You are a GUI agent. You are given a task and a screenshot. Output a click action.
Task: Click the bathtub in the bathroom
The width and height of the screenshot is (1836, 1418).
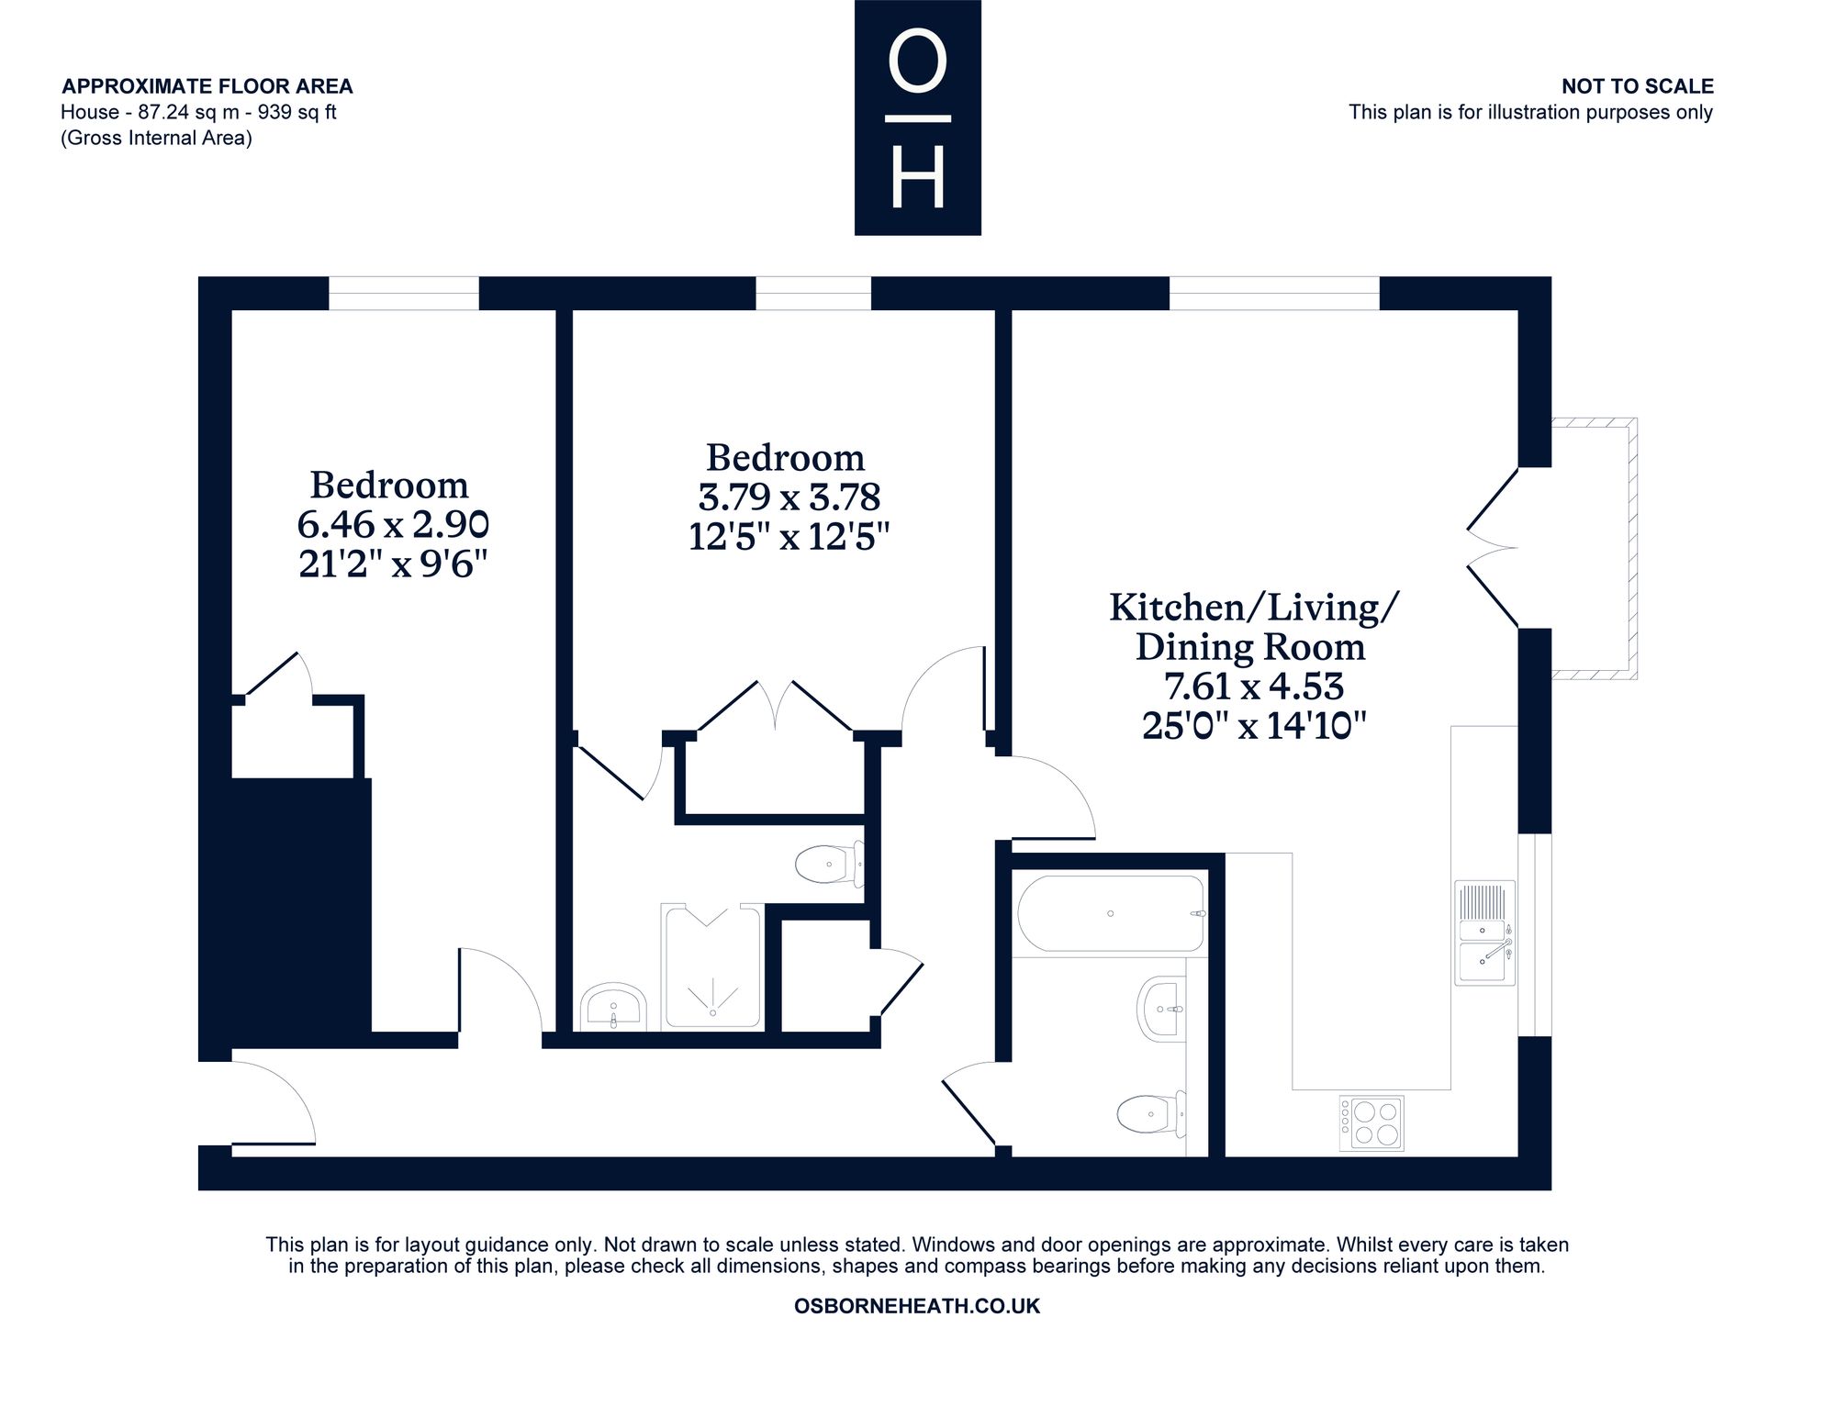1110,914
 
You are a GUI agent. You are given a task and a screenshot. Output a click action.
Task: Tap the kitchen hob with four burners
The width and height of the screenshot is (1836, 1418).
1371,1123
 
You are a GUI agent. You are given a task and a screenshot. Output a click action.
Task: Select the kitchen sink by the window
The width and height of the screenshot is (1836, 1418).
1484,932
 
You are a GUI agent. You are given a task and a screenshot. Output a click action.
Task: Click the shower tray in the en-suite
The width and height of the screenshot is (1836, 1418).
713,966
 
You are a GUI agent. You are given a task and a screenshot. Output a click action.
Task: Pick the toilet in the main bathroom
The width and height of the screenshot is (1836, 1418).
1151,1114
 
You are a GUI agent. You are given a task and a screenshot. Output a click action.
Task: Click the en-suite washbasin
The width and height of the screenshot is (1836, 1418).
613,1007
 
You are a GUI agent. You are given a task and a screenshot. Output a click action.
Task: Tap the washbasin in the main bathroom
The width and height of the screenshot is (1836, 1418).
1161,1009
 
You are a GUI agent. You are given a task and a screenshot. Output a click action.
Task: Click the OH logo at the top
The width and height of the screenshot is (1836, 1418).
918,117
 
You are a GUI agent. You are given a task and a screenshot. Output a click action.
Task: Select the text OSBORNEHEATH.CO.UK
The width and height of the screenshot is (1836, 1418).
917,1306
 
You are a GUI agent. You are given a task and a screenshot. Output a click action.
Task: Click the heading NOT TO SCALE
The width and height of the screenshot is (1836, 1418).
1638,86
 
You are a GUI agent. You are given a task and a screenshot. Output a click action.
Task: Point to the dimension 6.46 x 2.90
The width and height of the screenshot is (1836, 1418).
393,524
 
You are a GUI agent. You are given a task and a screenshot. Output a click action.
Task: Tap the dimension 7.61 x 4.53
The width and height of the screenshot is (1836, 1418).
1254,686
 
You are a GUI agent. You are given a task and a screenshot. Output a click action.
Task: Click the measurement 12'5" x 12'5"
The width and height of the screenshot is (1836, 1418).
789,536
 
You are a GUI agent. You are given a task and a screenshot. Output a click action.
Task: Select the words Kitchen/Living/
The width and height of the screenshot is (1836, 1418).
1254,608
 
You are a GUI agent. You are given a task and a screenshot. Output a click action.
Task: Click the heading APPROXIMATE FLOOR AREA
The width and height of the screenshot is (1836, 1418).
207,86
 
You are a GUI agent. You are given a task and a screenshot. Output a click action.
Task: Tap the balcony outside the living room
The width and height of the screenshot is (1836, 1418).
1594,549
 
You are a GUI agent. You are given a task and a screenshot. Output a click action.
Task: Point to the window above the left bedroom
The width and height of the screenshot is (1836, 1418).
404,294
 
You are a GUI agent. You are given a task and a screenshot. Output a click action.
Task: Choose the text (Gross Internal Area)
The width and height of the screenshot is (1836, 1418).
156,138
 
